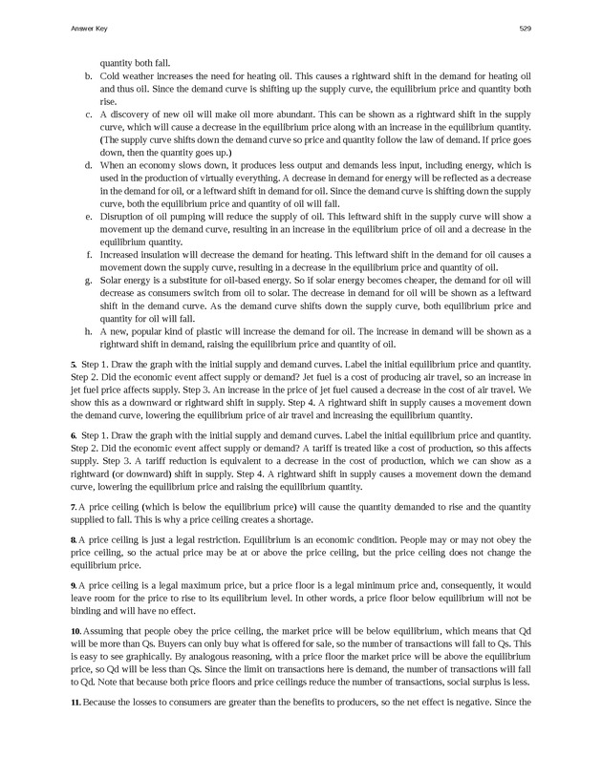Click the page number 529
[x=525, y=29]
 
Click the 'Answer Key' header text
[x=89, y=29]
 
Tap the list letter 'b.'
[x=89, y=75]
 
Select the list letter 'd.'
[x=89, y=165]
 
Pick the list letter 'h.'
[x=89, y=331]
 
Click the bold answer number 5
[x=74, y=365]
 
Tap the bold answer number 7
[x=74, y=506]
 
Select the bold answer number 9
[x=74, y=583]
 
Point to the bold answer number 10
[x=75, y=633]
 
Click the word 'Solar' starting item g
[x=111, y=281]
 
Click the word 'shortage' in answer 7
[x=292, y=518]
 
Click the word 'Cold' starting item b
[x=110, y=75]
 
